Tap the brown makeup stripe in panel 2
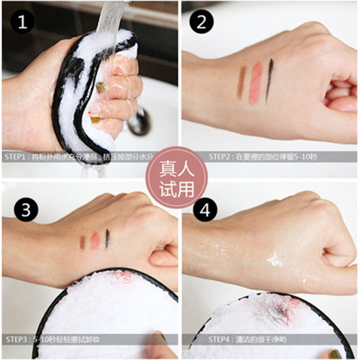[241, 83]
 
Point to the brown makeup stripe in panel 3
[82, 242]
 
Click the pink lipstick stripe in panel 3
[95, 240]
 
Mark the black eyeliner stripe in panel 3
[107, 239]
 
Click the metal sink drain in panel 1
[139, 122]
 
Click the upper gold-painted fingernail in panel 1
[101, 87]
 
